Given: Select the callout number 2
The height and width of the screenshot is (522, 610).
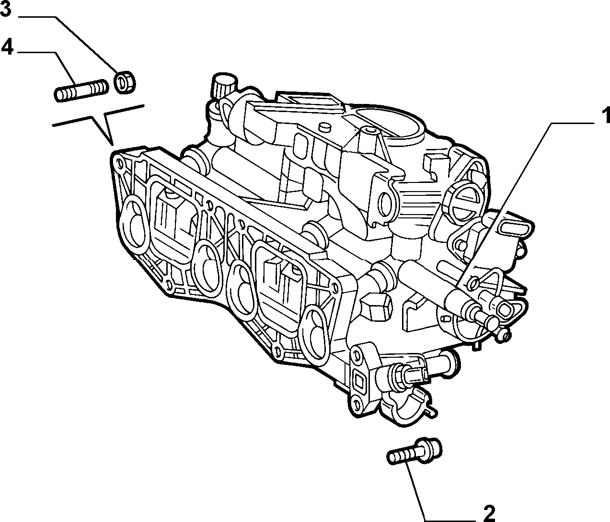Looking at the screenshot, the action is tap(489, 513).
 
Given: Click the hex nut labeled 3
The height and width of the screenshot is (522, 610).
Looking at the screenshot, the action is tap(125, 82).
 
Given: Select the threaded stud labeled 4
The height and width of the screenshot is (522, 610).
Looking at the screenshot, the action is tap(81, 91).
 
